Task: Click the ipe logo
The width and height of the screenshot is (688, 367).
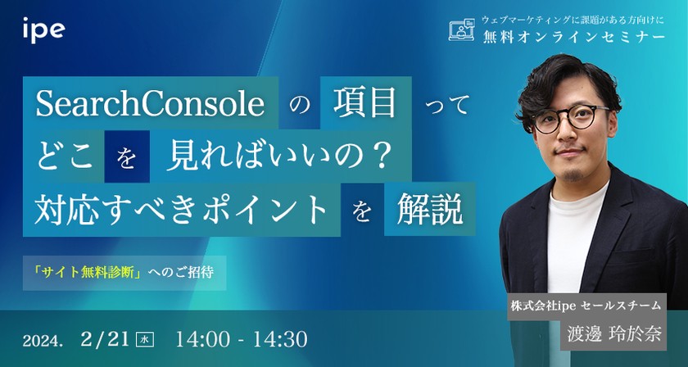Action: (x=45, y=30)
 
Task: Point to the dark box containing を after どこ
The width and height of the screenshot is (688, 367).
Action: (x=126, y=156)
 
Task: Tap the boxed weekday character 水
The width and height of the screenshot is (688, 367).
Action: (x=145, y=338)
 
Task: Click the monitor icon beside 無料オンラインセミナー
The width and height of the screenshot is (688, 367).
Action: (x=463, y=29)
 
